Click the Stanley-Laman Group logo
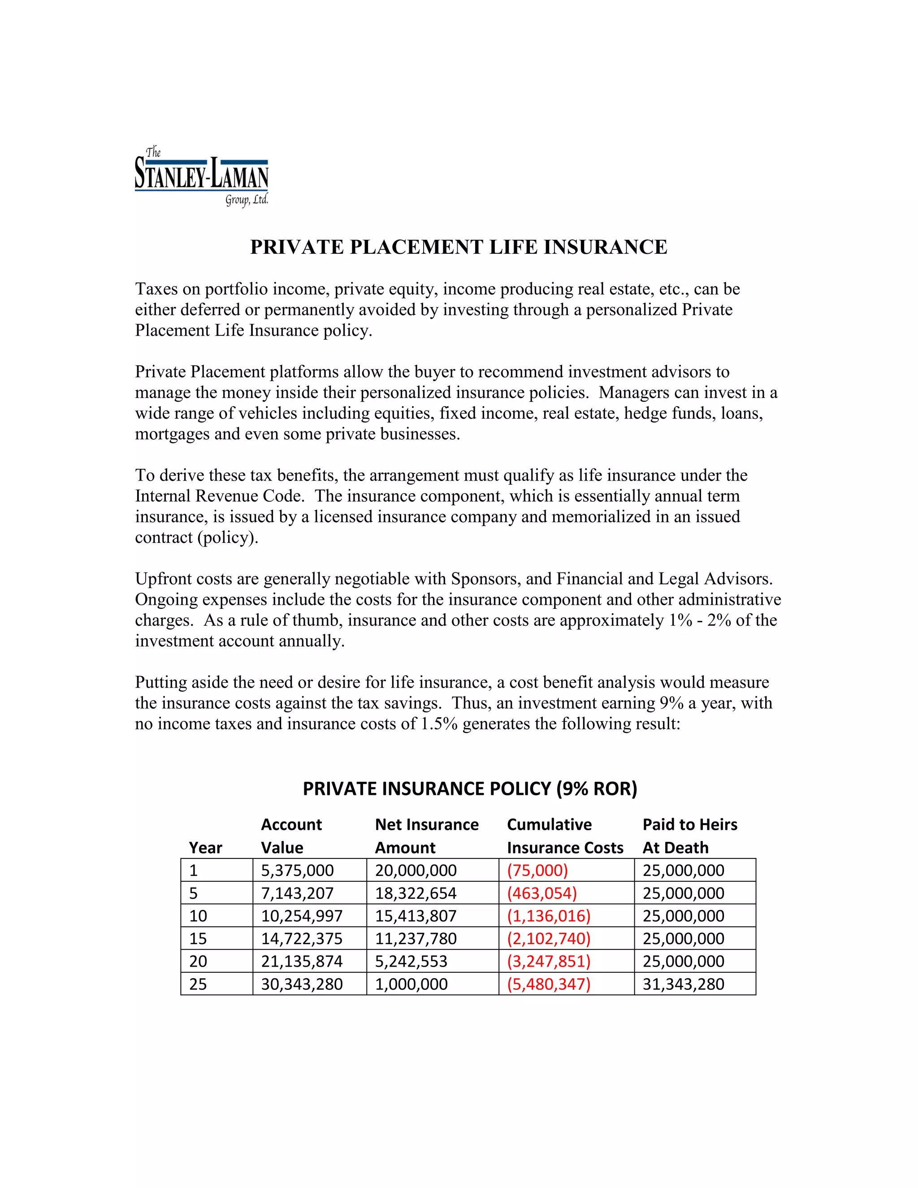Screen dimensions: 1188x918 click(x=201, y=176)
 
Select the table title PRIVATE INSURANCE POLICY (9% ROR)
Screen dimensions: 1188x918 click(x=469, y=788)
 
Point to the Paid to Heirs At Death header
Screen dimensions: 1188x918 click(x=689, y=836)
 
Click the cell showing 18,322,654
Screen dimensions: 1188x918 click(x=416, y=893)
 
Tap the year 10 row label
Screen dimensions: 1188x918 click(x=198, y=916)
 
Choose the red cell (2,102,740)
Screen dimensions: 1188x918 click(x=548, y=938)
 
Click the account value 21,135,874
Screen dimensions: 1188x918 click(x=302, y=961)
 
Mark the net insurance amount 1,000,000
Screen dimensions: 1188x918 click(x=411, y=984)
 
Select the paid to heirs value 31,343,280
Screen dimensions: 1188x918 click(x=683, y=984)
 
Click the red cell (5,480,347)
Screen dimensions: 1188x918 click(x=548, y=984)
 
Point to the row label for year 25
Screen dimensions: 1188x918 click(x=198, y=984)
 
